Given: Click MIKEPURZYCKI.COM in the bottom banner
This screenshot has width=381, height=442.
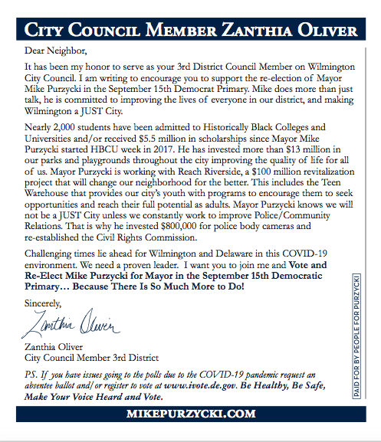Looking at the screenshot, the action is (190, 414).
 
